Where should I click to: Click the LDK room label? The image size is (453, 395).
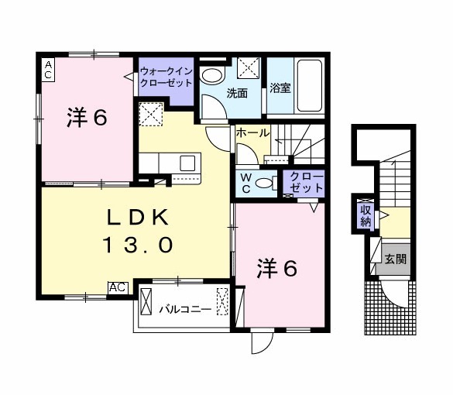click(x=136, y=217)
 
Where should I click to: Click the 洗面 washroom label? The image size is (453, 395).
click(x=237, y=94)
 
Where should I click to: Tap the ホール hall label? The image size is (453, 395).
click(x=252, y=133)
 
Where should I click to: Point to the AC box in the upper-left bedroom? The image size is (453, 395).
click(x=47, y=70)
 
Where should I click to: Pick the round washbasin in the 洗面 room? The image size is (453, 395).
click(x=211, y=75)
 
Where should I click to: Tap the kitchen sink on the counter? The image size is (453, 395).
click(x=187, y=163)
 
